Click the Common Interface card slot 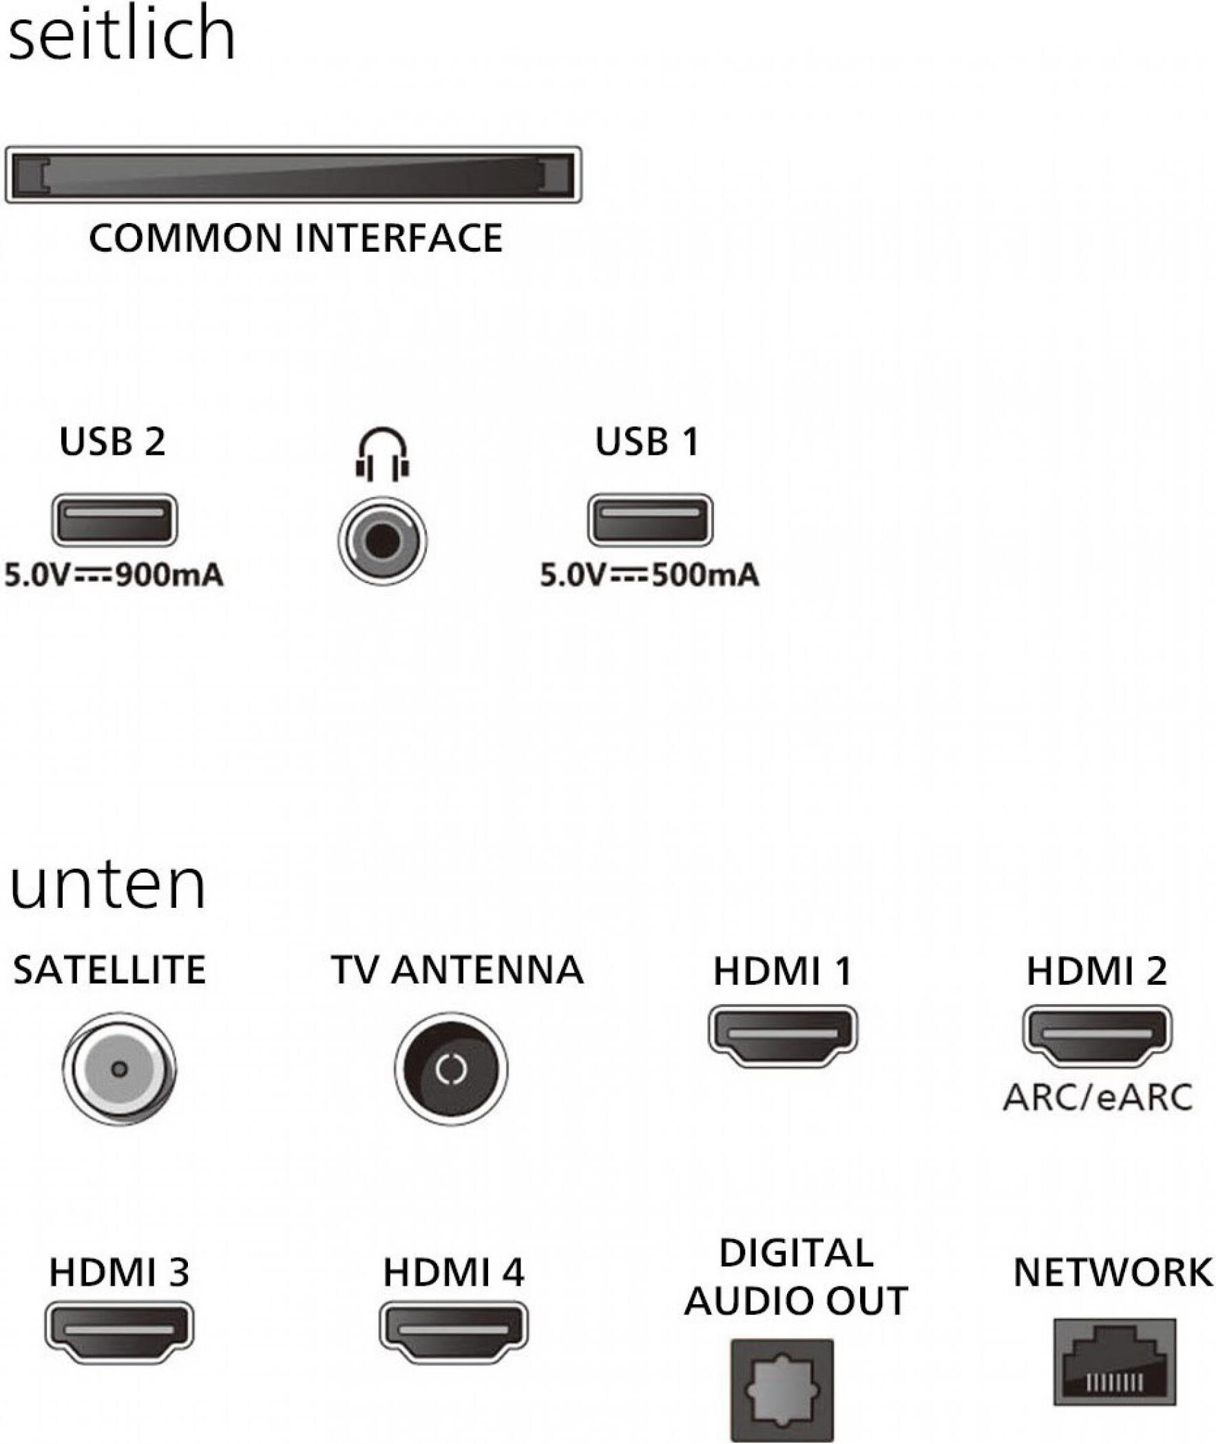click(x=293, y=174)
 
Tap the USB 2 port click(x=114, y=520)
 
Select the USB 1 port click(x=650, y=520)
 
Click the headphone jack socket click(x=383, y=542)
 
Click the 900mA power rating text click(x=114, y=575)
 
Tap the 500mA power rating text click(x=650, y=575)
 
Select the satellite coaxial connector click(x=119, y=1069)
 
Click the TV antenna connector click(x=452, y=1069)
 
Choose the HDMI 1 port click(x=783, y=1036)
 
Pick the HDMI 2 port click(x=1097, y=1036)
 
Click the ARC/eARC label click(x=1098, y=1098)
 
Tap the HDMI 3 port click(x=119, y=1332)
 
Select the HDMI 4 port click(x=454, y=1332)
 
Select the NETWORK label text click(x=1113, y=1272)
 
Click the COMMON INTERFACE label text click(x=295, y=238)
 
